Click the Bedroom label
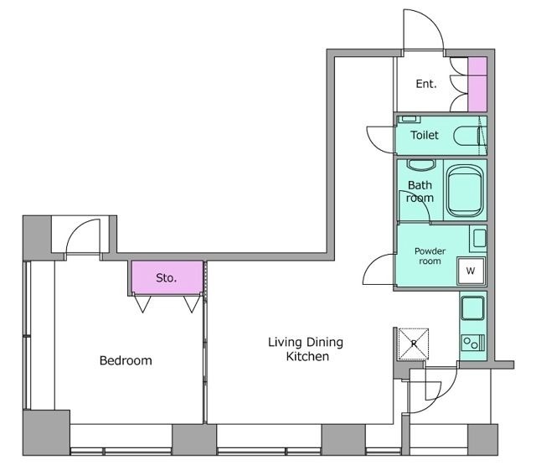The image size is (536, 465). [126, 360]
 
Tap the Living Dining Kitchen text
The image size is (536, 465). [306, 349]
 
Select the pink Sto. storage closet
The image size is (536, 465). [167, 277]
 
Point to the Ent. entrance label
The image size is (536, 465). [426, 84]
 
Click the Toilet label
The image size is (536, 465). [425, 135]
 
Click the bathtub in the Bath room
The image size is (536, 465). [465, 191]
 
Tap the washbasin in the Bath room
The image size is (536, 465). [421, 165]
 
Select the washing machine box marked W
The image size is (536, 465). [471, 271]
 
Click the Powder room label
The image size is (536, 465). [430, 256]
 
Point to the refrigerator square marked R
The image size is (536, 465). [414, 344]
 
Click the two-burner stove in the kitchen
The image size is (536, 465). [473, 343]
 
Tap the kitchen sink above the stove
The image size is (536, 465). [472, 307]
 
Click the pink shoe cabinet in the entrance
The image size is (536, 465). [477, 84]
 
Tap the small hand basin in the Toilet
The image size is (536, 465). [409, 119]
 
